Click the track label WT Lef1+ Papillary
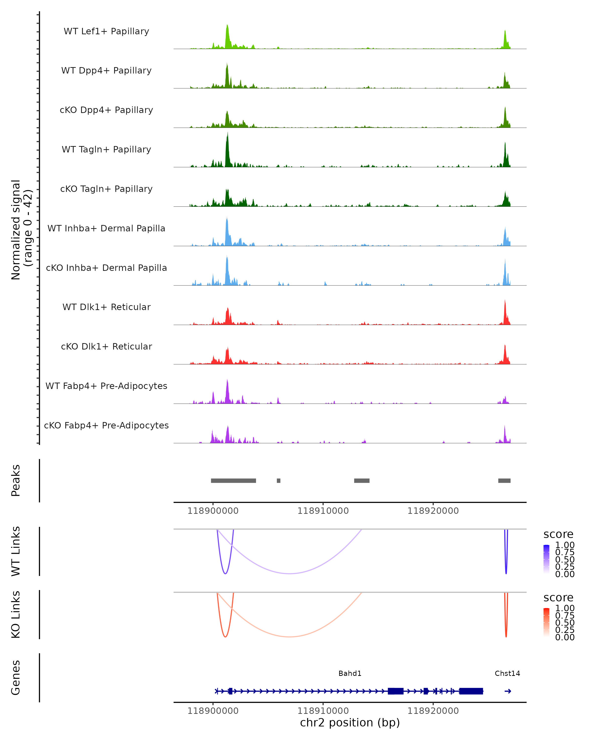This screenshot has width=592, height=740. pos(106,31)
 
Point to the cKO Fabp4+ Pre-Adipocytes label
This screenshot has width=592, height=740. pos(106,425)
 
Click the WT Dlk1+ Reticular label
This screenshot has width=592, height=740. pos(106,307)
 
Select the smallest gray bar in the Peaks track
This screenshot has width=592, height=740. pos(279,481)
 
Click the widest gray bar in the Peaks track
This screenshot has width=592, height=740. pos(233,481)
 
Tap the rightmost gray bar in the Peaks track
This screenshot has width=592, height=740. pos(504,481)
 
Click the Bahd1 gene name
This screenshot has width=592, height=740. pos(350,673)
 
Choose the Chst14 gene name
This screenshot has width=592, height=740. pos(507,673)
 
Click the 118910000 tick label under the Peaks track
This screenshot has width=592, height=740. pos(323,511)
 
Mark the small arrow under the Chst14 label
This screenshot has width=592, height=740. pos(508,691)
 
